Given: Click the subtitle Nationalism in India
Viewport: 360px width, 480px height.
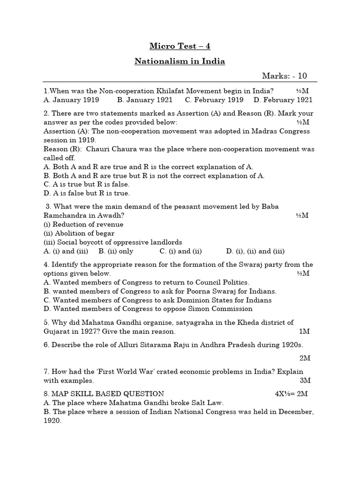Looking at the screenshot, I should pyautogui.click(x=180, y=61).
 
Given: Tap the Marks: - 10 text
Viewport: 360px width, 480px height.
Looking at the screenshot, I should pyautogui.click(x=284, y=76).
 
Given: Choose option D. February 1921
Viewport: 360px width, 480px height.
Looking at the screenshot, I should pyautogui.click(x=283, y=100).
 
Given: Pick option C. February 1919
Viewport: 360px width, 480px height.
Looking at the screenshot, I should pyautogui.click(x=214, y=100).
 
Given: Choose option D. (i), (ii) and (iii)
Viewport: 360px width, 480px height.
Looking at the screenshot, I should pyautogui.click(x=255, y=251).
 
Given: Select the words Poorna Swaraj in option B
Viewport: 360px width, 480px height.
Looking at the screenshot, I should pyautogui.click(x=207, y=291).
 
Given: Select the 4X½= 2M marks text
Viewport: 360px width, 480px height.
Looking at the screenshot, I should pyautogui.click(x=291, y=394).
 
